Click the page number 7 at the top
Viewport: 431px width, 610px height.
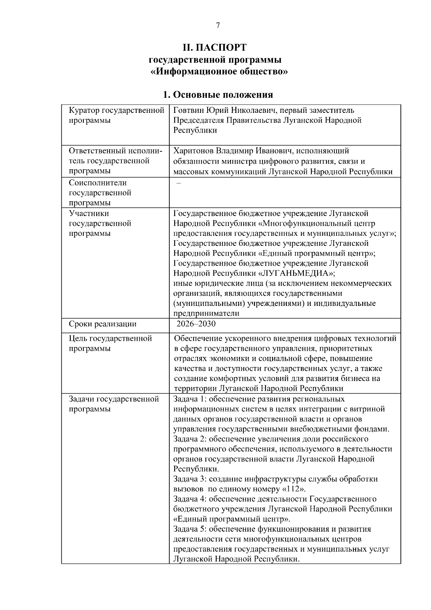218,25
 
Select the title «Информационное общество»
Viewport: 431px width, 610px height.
219,71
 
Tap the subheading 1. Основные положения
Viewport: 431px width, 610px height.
218,95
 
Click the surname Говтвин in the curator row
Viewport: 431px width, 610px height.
187,110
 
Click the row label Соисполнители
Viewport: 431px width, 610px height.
97,183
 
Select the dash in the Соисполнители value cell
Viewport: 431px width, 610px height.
179,183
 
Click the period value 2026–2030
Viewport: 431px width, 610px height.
196,324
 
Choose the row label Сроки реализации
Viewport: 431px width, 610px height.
102,324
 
